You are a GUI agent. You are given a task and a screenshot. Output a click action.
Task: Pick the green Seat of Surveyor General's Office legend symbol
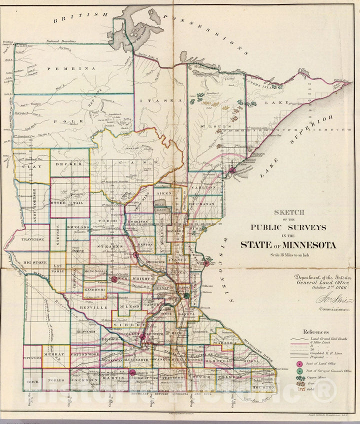[299, 371]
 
